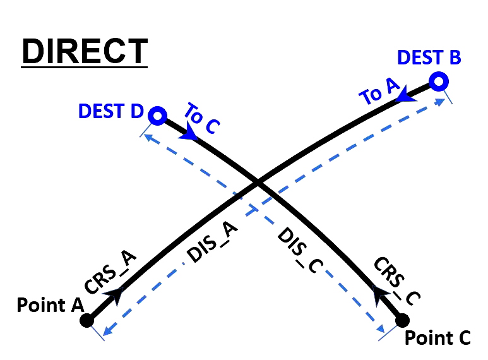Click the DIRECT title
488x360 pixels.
(x=84, y=51)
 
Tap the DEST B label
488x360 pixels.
(x=429, y=57)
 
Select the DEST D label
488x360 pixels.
(x=110, y=111)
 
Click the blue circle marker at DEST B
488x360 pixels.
(x=439, y=81)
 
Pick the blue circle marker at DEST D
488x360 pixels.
(x=157, y=116)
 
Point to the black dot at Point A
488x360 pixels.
(x=87, y=320)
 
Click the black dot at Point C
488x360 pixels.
(x=402, y=320)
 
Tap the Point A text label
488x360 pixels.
(x=50, y=305)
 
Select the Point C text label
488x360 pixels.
(x=437, y=338)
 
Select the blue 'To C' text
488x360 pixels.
(x=201, y=119)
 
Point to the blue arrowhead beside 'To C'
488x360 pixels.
(x=187, y=134)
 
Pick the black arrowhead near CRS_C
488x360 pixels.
(x=379, y=291)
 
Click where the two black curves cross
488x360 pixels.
(x=257, y=184)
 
